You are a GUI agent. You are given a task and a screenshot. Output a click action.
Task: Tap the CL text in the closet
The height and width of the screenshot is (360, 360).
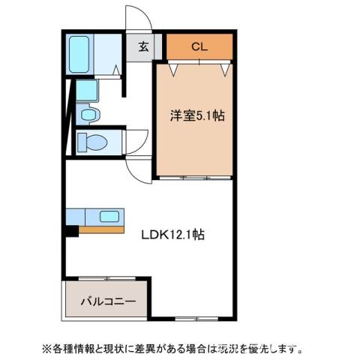coord(199,47)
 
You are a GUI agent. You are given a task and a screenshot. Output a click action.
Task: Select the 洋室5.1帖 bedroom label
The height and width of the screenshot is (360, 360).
coord(196,115)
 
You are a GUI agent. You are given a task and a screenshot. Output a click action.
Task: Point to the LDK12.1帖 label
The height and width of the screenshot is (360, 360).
coord(173,234)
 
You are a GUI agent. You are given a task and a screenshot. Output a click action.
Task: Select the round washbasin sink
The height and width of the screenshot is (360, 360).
coord(88,115)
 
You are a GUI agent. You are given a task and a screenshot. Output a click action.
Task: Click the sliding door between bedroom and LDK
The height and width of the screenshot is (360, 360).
coord(194,178)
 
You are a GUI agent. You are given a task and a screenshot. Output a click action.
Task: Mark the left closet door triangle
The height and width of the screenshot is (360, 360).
coord(175,70)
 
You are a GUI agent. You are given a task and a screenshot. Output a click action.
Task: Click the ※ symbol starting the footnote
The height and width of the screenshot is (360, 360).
coord(46,348)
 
